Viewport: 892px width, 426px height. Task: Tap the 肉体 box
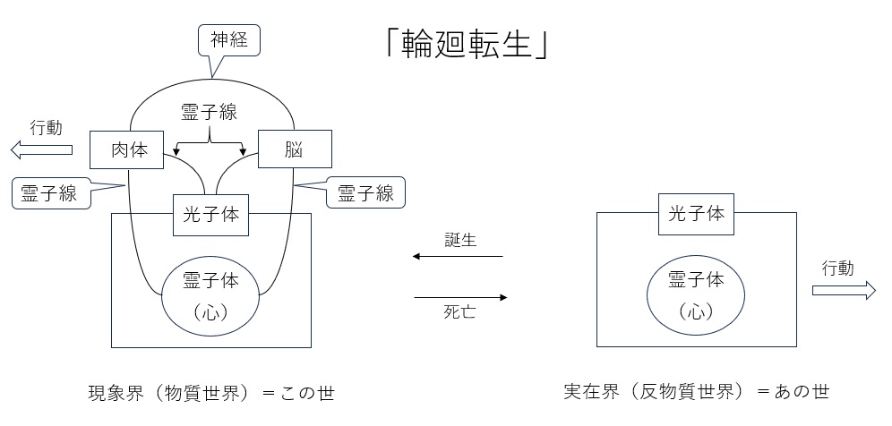(x=127, y=149)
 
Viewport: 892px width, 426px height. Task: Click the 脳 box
(x=295, y=149)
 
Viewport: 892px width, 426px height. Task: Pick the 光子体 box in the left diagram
(x=210, y=215)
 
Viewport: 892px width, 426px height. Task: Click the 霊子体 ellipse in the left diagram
(x=210, y=294)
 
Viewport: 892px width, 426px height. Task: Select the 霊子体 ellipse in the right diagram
(x=696, y=294)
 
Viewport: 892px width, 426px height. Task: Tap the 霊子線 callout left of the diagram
(x=51, y=192)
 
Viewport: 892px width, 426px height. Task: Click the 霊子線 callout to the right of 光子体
(x=365, y=192)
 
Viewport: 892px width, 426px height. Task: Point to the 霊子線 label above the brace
(x=210, y=112)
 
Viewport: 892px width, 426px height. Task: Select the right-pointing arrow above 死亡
(x=461, y=297)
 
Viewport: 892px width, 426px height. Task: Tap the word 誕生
(x=461, y=241)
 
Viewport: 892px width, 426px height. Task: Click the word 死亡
(x=461, y=312)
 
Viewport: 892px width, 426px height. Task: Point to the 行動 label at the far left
(x=46, y=127)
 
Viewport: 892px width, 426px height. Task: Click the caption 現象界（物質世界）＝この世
(x=210, y=391)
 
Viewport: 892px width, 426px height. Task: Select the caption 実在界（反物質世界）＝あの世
(x=696, y=391)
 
